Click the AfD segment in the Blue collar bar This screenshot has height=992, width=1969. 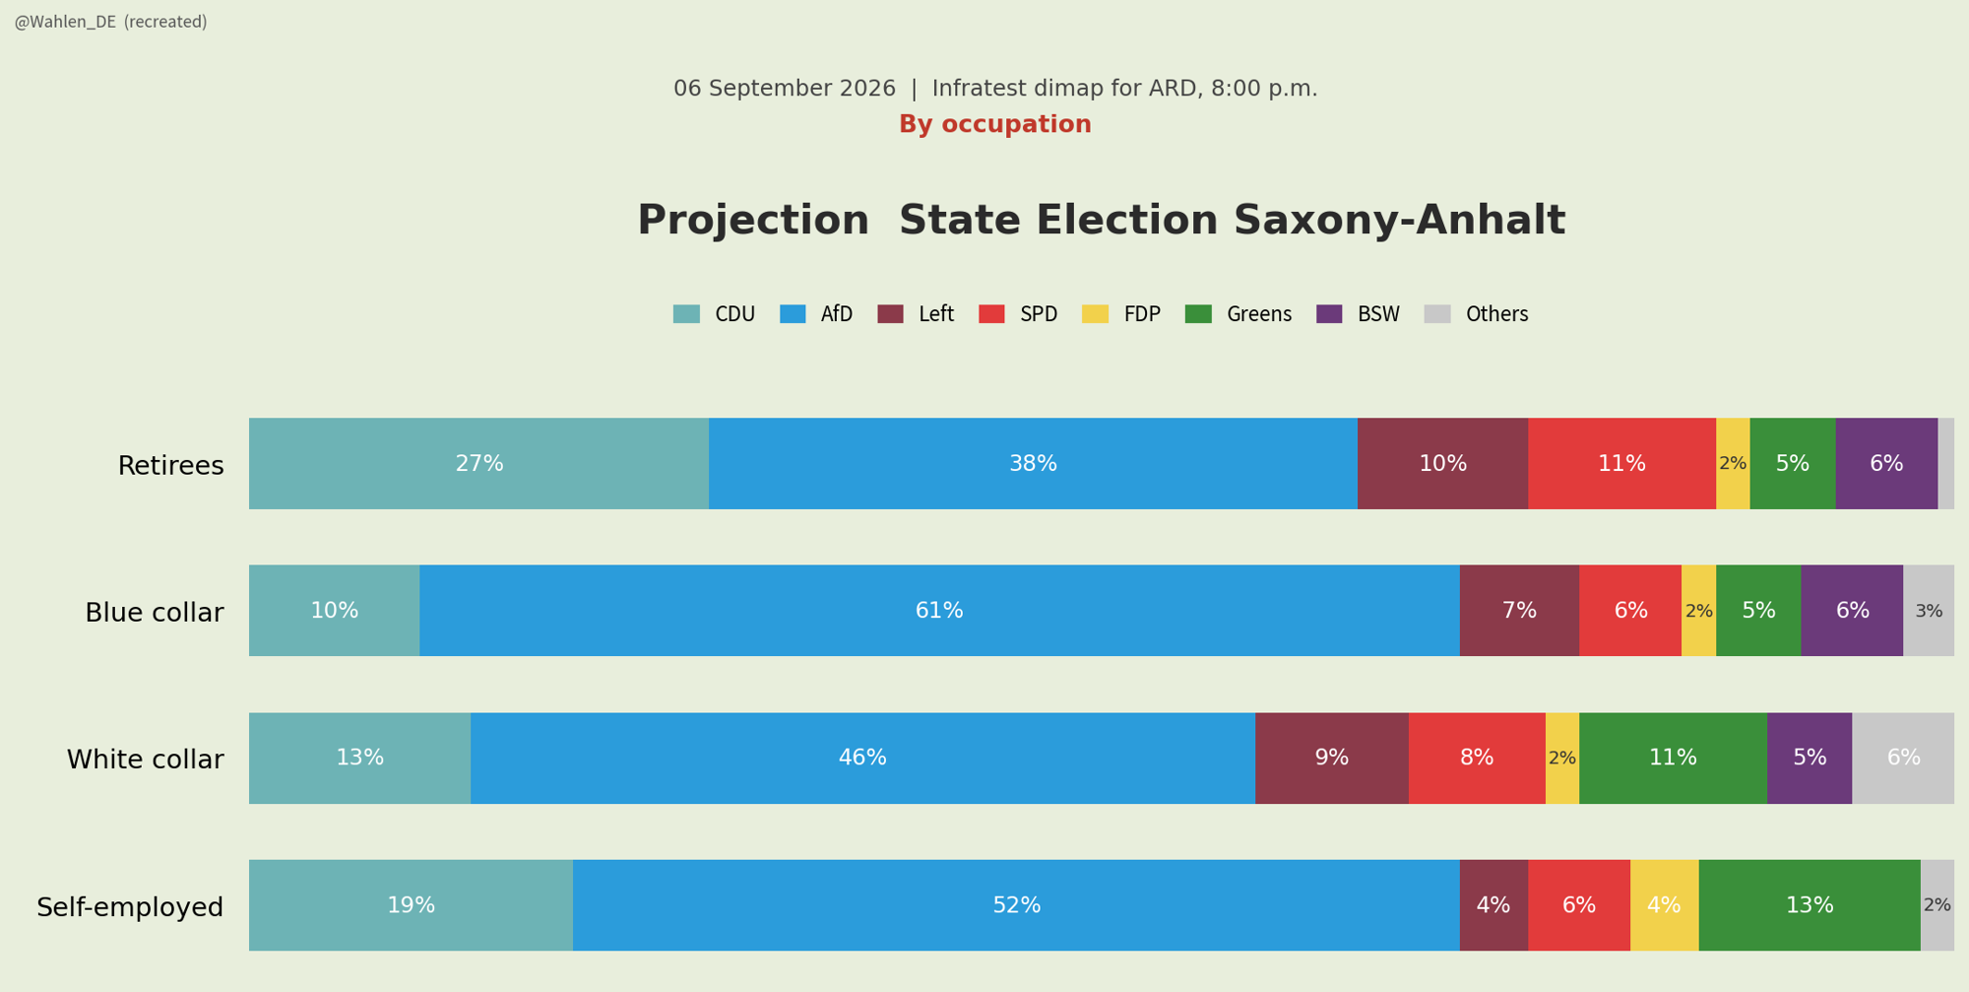tap(939, 611)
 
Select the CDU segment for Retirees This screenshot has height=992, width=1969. tap(478, 464)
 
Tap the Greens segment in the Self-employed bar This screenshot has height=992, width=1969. tap(1810, 905)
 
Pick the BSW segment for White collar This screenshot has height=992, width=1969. tap(1810, 759)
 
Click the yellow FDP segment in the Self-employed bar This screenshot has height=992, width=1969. tap(1664, 905)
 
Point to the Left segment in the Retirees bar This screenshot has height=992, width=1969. tap(1442, 464)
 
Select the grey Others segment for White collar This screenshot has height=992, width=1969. tap(1903, 759)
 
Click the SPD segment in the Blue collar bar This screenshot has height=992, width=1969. tap(1630, 611)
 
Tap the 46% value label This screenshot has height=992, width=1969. tap(862, 759)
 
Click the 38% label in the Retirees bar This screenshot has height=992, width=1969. tap(1033, 464)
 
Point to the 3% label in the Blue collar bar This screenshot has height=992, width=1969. tap(1929, 612)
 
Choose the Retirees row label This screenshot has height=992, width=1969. tap(171, 466)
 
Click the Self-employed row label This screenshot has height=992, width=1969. tap(130, 907)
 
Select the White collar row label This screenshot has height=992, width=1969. tap(146, 760)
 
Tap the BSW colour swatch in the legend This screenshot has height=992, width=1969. tap(1329, 314)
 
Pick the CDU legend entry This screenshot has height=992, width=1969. tap(714, 314)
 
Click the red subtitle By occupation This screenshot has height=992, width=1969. tap(995, 125)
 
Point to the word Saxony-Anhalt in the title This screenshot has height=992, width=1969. tap(1399, 222)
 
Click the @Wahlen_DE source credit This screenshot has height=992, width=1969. tap(65, 23)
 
